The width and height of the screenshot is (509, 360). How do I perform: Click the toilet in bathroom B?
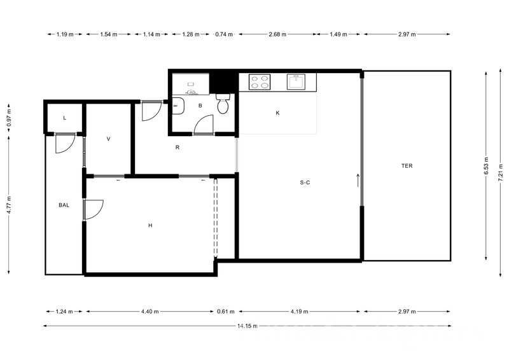click(x=223, y=104)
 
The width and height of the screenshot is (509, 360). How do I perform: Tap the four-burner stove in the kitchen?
click(x=260, y=82)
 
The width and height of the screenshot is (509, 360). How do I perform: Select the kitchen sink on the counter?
click(x=296, y=81)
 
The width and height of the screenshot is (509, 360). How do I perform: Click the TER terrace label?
click(x=407, y=166)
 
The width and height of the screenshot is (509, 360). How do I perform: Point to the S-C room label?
click(x=305, y=183)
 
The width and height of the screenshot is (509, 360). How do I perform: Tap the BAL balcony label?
click(x=64, y=205)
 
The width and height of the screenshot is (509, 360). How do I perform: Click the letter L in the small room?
click(x=65, y=118)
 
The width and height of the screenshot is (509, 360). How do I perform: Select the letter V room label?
click(x=108, y=139)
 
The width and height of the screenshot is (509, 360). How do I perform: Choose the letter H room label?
click(x=150, y=225)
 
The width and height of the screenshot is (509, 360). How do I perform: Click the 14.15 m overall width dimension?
click(x=248, y=326)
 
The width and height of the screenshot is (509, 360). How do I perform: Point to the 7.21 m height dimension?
click(x=501, y=174)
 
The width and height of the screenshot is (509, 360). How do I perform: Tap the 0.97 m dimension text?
click(x=9, y=118)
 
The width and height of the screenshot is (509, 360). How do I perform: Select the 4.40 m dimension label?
click(x=150, y=312)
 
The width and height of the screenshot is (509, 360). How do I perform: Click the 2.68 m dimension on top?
click(x=277, y=34)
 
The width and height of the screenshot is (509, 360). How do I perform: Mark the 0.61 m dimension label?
click(x=226, y=312)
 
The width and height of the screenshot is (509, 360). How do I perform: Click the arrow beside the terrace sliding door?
click(x=358, y=180)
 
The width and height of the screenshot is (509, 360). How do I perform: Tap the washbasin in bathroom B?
click(x=178, y=106)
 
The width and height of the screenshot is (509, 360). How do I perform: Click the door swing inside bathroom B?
click(x=203, y=124)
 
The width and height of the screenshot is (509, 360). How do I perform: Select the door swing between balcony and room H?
click(x=94, y=210)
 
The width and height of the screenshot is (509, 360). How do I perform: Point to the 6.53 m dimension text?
click(x=486, y=166)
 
